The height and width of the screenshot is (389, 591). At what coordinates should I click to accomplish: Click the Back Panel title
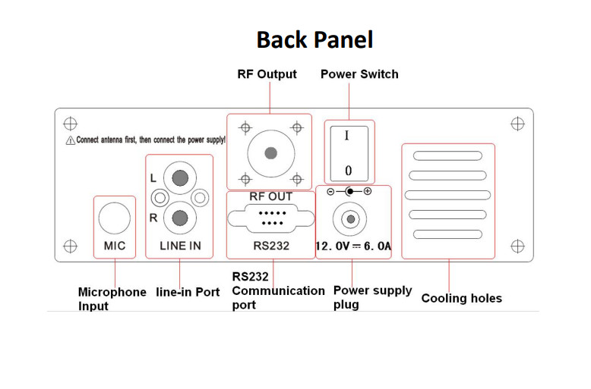pyautogui.click(x=314, y=39)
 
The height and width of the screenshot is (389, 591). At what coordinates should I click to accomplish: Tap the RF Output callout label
pyautogui.click(x=267, y=74)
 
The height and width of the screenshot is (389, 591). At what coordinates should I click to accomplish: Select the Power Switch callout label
pyautogui.click(x=359, y=74)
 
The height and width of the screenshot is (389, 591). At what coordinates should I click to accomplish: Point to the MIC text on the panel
pyautogui.click(x=115, y=246)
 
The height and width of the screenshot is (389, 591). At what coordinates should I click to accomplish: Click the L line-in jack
pyautogui.click(x=180, y=178)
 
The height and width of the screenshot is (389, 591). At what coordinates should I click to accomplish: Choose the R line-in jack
pyautogui.click(x=180, y=218)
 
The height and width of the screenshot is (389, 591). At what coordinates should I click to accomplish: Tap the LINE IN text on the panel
pyautogui.click(x=180, y=246)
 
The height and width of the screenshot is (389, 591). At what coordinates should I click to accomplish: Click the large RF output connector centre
pyautogui.click(x=270, y=153)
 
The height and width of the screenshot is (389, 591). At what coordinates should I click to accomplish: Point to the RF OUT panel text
pyautogui.click(x=270, y=197)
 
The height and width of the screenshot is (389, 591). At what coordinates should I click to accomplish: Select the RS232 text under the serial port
pyautogui.click(x=271, y=246)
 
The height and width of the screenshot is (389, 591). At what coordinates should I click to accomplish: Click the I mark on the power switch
pyautogui.click(x=347, y=136)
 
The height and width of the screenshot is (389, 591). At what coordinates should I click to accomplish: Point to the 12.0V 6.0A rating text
pyautogui.click(x=353, y=246)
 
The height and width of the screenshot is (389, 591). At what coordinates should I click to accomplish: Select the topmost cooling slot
pyautogui.click(x=447, y=156)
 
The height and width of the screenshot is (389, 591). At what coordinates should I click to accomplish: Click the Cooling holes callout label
pyautogui.click(x=461, y=298)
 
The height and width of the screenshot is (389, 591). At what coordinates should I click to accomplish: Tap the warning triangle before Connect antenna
pyautogui.click(x=70, y=141)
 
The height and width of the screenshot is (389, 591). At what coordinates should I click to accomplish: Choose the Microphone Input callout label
pyautogui.click(x=112, y=299)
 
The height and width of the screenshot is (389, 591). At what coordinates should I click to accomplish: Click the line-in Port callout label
pyautogui.click(x=188, y=292)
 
